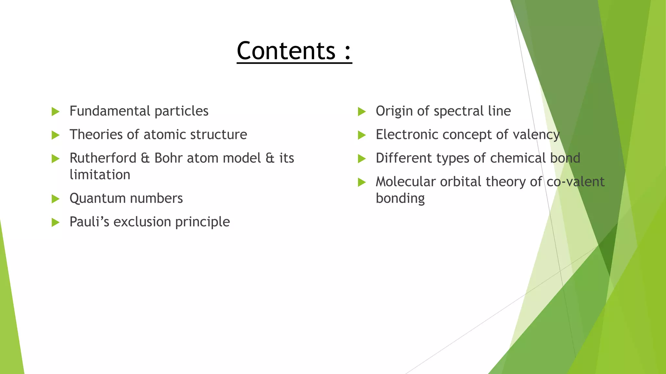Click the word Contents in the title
pyautogui.click(x=286, y=51)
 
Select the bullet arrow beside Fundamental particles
pyautogui.click(x=56, y=112)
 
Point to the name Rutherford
pyautogui.click(x=103, y=158)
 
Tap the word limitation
pyautogui.click(x=100, y=175)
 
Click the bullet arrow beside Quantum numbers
pyautogui.click(x=56, y=199)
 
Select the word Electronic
pyautogui.click(x=407, y=134)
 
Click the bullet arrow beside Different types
pyautogui.click(x=362, y=159)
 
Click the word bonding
pyautogui.click(x=400, y=199)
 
